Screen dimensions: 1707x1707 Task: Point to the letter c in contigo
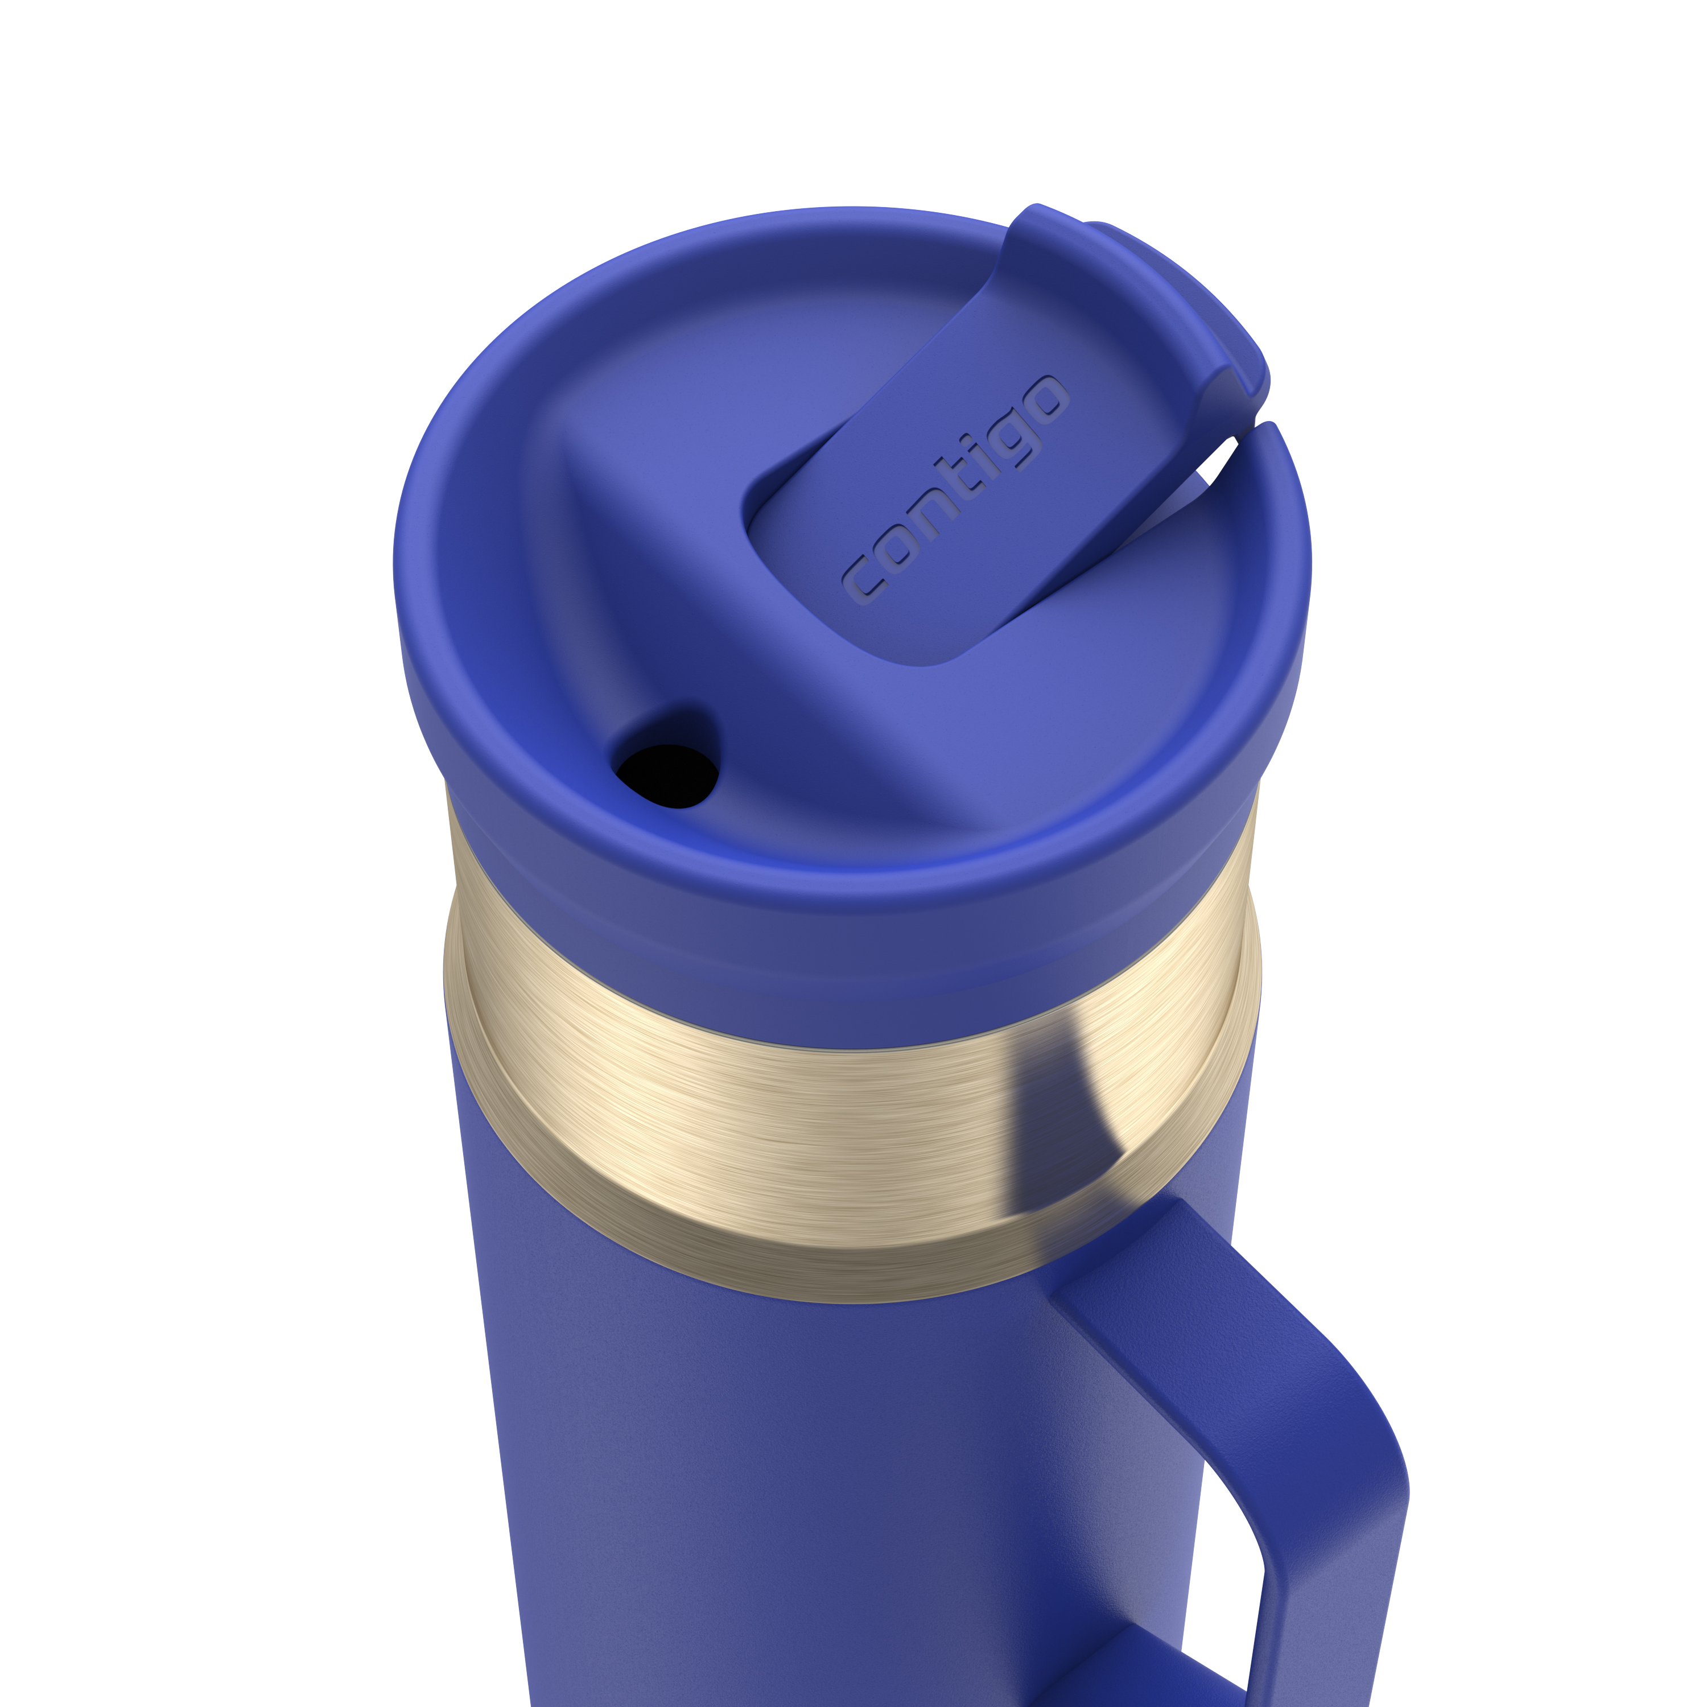tap(863, 583)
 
